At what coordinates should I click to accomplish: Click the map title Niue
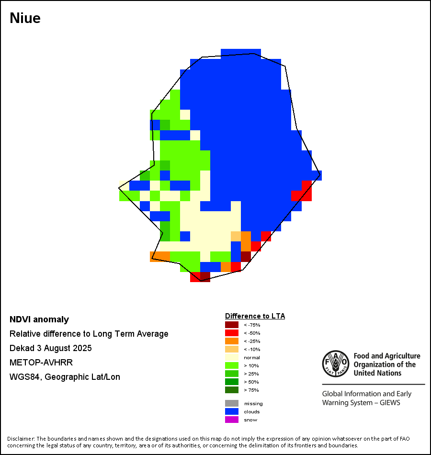[x=25, y=19]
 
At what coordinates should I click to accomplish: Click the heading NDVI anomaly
[x=39, y=319]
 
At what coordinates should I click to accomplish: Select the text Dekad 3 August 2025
[x=51, y=348]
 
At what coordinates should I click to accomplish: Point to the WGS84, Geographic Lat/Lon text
[x=65, y=377]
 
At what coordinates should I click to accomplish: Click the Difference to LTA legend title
[x=255, y=316]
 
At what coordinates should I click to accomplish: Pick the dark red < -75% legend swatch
[x=231, y=325]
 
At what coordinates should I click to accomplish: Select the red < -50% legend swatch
[x=231, y=333]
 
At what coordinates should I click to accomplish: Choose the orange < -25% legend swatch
[x=231, y=341]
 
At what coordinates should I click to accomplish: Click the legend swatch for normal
[x=231, y=357]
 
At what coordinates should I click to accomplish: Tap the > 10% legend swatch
[x=231, y=365]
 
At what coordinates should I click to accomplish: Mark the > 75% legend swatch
[x=231, y=390]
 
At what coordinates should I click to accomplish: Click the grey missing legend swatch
[x=231, y=403]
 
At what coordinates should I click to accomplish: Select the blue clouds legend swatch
[x=231, y=411]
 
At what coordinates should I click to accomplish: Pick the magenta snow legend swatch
[x=231, y=420]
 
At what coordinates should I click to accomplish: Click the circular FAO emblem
[x=335, y=364]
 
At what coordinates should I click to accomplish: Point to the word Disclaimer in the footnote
[x=21, y=439]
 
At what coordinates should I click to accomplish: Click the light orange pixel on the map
[x=236, y=236]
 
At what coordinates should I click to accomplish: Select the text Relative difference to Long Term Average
[x=89, y=334]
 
